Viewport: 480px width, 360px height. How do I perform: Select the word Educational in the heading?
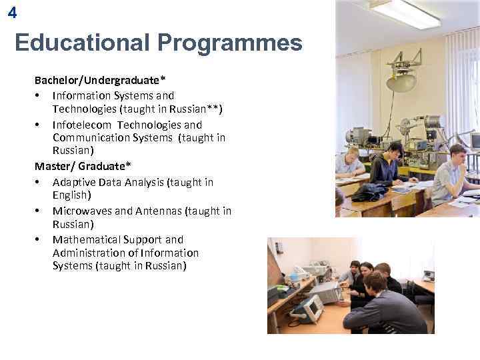[x=83, y=43]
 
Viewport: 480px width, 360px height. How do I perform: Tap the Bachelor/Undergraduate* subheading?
[x=101, y=81]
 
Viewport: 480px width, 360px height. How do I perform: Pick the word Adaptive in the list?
[x=73, y=182]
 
